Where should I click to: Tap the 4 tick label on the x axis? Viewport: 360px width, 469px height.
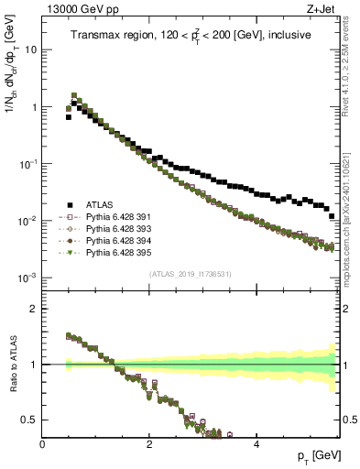[256, 443]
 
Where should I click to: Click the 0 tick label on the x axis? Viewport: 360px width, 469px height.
[42, 443]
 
